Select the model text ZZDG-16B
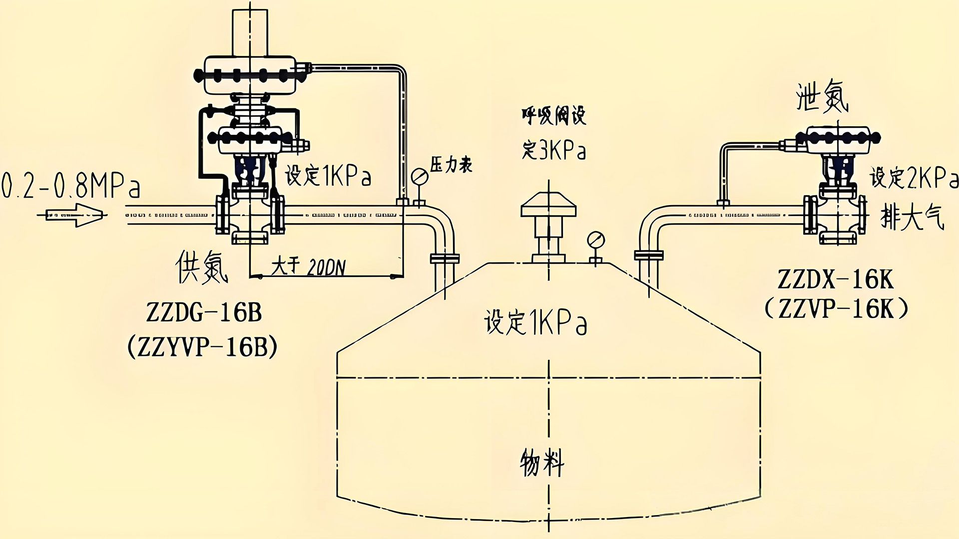(204, 313)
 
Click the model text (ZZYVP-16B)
(202, 347)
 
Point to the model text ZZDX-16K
(835, 279)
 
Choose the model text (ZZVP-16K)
(836, 309)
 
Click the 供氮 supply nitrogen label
(202, 267)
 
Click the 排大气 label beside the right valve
(912, 217)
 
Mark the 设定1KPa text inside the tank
(535, 322)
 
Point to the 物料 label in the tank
(542, 462)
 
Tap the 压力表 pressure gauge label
(451, 165)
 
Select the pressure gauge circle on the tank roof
(595, 240)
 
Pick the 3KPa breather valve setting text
(554, 150)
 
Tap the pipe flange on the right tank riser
(648, 255)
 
